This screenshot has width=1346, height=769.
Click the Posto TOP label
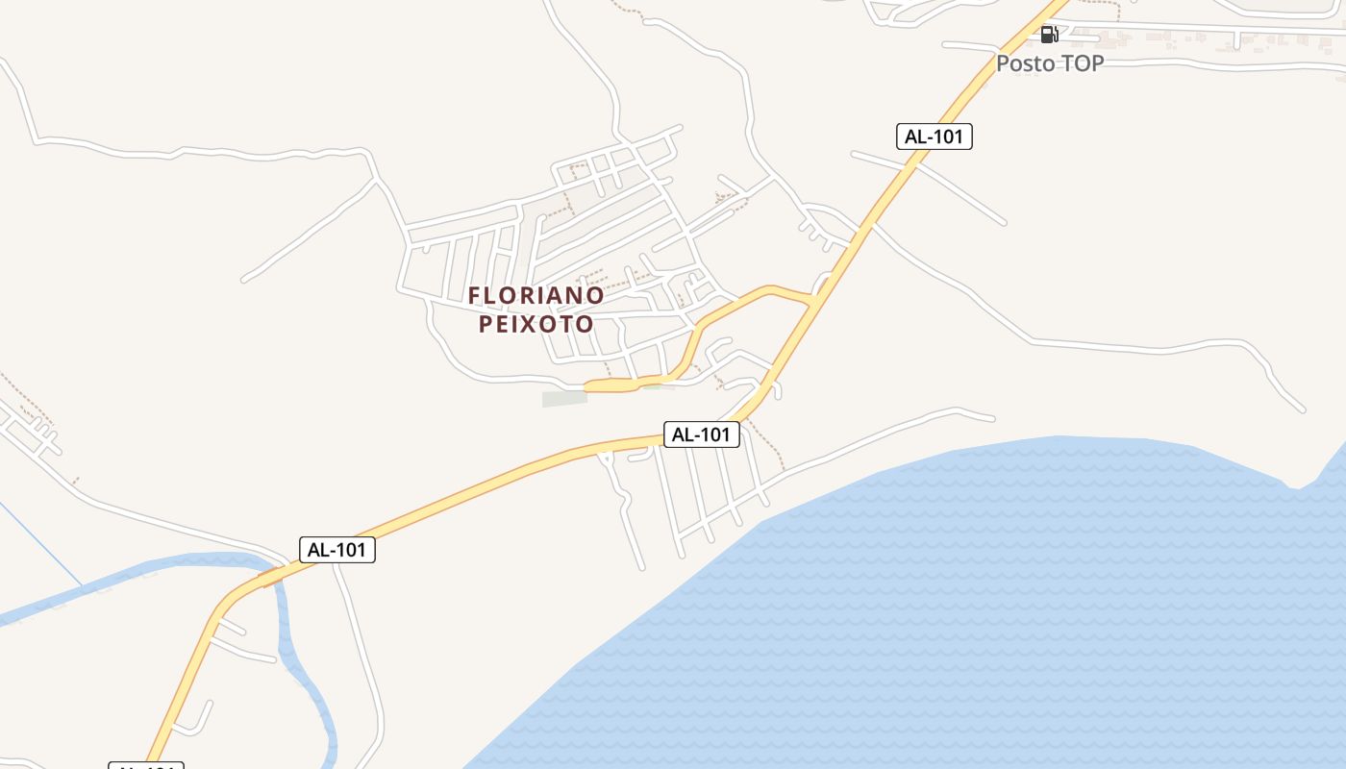pos(1049,63)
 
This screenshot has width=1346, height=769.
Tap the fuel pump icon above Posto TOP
pos(1049,35)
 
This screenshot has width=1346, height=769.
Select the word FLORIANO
pos(536,295)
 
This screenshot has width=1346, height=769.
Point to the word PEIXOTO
pos(536,324)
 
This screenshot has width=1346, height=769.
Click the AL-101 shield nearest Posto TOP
pos(934,136)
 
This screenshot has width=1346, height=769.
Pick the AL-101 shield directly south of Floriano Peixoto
pos(701,434)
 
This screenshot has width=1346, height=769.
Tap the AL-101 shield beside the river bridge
pos(336,550)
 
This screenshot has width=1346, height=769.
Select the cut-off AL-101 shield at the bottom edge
pos(145,765)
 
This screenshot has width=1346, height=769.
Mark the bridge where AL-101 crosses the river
pos(272,577)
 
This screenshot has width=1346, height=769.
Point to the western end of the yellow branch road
pos(588,386)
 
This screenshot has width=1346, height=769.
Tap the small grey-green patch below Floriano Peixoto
pos(564,398)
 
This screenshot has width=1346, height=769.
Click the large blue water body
pos(961,615)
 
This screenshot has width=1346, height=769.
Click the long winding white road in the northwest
pos(192,152)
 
